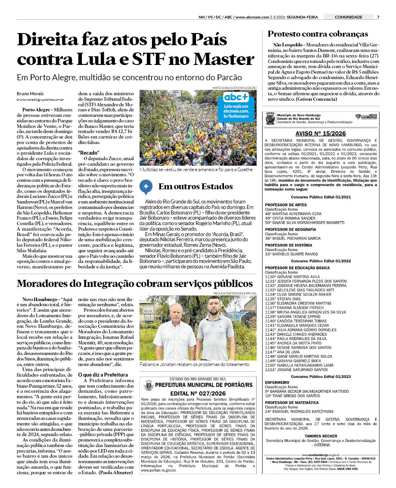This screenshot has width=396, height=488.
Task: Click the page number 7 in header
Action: point(378,17)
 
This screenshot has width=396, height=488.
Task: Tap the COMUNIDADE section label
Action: point(348,17)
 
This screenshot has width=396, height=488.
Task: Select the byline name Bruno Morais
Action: point(30,94)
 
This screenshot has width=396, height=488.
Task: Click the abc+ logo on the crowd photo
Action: point(236,97)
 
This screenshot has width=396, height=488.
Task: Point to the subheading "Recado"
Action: point(89,153)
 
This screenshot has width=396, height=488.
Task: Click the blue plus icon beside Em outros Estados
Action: point(146,187)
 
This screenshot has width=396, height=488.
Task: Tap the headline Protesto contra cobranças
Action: point(318,34)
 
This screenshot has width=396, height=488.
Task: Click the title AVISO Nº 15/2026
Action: point(320,133)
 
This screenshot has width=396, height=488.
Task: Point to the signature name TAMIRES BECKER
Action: point(321,436)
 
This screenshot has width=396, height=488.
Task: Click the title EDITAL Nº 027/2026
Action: point(198,394)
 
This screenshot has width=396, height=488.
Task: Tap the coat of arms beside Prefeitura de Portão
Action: point(148,385)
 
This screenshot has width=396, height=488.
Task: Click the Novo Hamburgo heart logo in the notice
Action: point(366,117)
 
